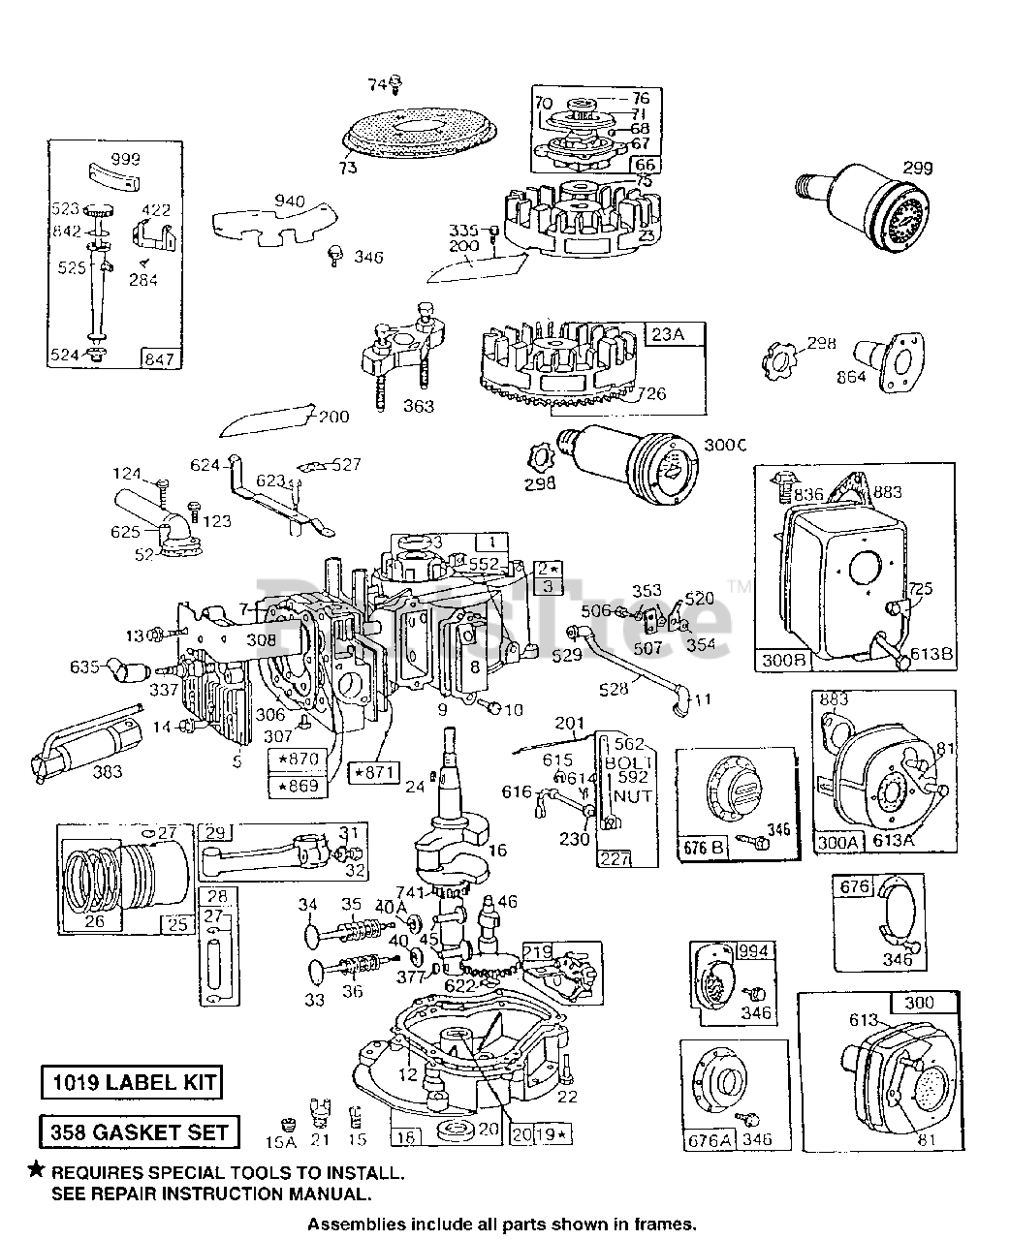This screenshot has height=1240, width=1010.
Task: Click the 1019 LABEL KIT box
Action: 131,1082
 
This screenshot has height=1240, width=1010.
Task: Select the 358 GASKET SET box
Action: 139,1131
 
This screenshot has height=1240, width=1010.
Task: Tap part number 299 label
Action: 917,168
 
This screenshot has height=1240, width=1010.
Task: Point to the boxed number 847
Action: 160,359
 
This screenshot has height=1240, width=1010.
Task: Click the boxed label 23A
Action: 667,334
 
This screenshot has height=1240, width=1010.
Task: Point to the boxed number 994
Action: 756,951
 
